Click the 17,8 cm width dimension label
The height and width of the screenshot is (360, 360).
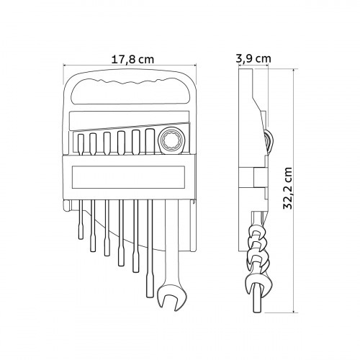click(x=132, y=60)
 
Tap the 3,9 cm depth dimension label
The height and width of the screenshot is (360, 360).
click(x=253, y=58)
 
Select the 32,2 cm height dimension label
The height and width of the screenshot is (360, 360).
click(x=287, y=189)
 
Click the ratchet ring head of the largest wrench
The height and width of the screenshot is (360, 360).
click(x=172, y=140)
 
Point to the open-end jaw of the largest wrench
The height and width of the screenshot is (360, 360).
click(x=172, y=297)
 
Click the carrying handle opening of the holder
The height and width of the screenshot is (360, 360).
click(x=131, y=92)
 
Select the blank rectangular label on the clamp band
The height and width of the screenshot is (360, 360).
click(x=128, y=177)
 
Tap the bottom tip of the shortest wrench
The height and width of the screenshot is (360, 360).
click(x=81, y=239)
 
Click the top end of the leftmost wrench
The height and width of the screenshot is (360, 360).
click(x=81, y=135)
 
